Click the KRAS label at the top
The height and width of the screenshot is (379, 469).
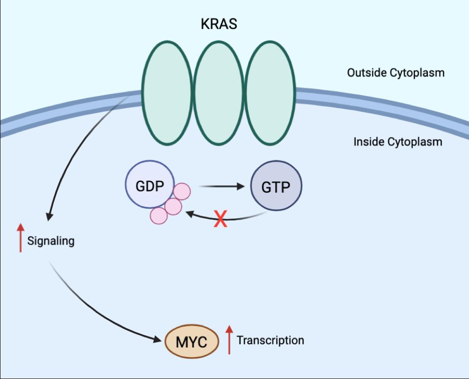pyautogui.click(x=219, y=24)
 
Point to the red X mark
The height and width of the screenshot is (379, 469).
pyautogui.click(x=220, y=219)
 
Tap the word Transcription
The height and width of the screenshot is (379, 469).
pyautogui.click(x=271, y=340)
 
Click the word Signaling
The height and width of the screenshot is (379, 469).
pyautogui.click(x=51, y=241)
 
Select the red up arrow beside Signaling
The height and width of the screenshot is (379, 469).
pyautogui.click(x=21, y=238)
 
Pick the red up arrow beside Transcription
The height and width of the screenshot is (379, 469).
pyautogui.click(x=229, y=340)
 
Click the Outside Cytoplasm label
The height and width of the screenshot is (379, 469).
pyautogui.click(x=396, y=72)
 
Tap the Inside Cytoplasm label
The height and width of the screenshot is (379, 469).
pyautogui.click(x=398, y=142)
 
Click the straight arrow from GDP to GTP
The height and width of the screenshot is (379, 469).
pyautogui.click(x=222, y=186)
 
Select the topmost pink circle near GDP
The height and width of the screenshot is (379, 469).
pyautogui.click(x=182, y=191)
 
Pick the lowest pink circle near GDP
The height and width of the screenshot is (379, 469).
pyautogui.click(x=159, y=215)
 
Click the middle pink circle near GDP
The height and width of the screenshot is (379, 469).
pyautogui.click(x=173, y=206)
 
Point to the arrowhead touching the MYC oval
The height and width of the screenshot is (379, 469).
pyautogui.click(x=158, y=339)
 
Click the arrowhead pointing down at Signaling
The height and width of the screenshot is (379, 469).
pyautogui.click(x=49, y=216)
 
